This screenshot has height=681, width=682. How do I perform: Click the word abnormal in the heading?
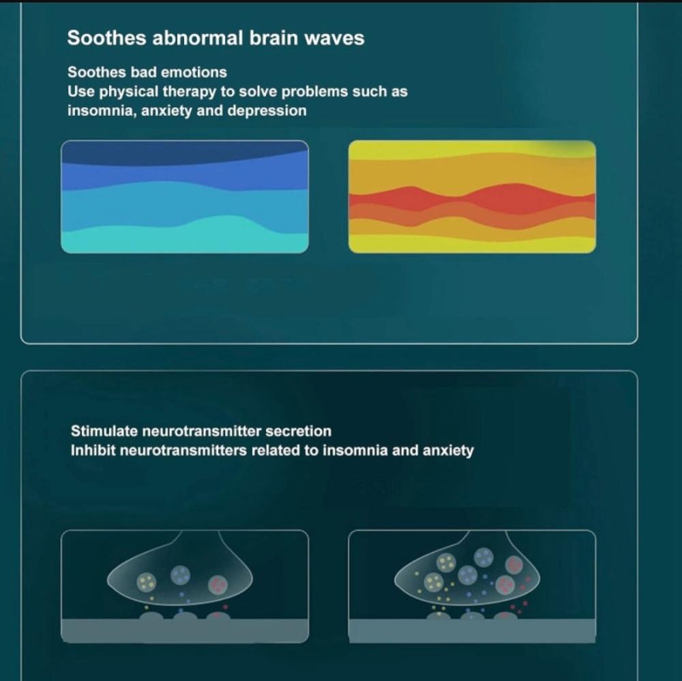(198, 38)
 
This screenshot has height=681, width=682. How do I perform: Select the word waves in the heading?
(334, 39)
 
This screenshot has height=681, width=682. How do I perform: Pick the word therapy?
(190, 92)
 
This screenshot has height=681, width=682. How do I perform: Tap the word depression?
(267, 111)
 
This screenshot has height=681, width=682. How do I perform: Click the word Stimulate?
(104, 431)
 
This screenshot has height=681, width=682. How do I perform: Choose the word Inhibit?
(93, 450)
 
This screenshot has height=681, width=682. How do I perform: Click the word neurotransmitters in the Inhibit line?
(183, 450)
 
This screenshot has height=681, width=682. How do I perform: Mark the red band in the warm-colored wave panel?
(473, 199)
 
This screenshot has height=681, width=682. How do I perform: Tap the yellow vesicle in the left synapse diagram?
(146, 582)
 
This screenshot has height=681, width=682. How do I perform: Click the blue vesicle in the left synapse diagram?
(181, 575)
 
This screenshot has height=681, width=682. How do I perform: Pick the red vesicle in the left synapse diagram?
(218, 586)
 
